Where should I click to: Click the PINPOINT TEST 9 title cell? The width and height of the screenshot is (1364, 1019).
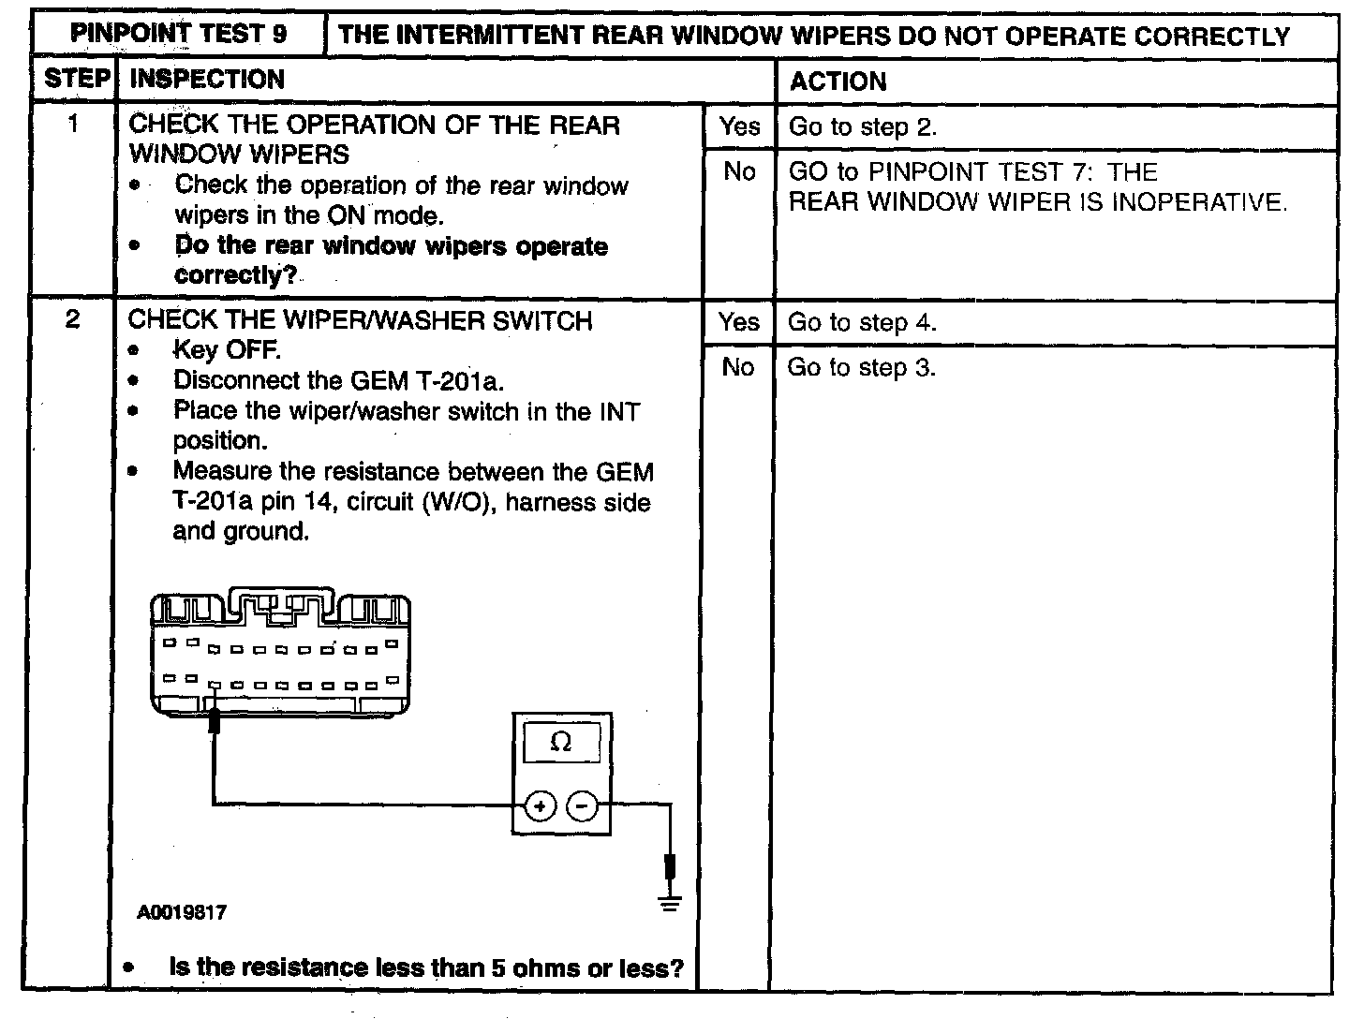(179, 35)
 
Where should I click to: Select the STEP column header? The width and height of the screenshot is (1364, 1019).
(77, 80)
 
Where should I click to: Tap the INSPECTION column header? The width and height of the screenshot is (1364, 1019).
(207, 80)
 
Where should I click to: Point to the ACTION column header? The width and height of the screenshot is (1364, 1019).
(838, 81)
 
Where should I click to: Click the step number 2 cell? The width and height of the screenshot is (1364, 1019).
(73, 319)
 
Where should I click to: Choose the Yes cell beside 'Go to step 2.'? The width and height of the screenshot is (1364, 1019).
(739, 126)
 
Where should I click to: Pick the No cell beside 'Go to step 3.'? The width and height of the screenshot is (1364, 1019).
(738, 367)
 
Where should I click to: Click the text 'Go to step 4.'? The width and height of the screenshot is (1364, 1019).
(861, 323)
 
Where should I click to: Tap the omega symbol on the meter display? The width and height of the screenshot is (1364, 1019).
(560, 742)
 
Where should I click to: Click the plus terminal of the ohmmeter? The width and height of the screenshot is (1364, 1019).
(541, 805)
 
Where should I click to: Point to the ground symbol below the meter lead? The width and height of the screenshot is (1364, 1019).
(670, 905)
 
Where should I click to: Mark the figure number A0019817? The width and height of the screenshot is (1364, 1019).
(182, 912)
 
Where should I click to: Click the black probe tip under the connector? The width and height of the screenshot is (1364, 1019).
(215, 720)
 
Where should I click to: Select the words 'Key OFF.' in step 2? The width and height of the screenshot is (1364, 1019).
(227, 350)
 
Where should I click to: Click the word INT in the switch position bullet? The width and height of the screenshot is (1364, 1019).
(619, 411)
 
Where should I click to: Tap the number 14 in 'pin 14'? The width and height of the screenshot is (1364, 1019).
(319, 502)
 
